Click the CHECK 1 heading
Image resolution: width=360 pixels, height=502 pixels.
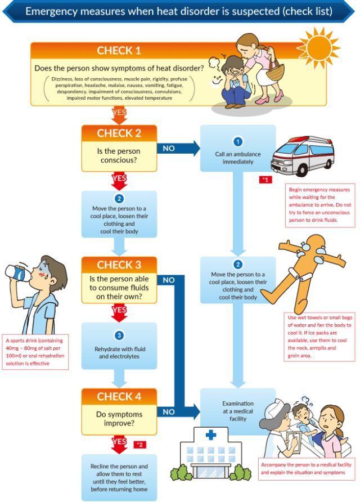pos(119,51)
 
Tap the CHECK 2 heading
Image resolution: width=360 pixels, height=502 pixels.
pos(119,133)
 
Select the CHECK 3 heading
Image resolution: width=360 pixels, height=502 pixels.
pos(119,265)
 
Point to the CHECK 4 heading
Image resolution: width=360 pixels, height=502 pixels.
pos(119,396)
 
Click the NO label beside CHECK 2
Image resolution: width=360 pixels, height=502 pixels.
pos(169,149)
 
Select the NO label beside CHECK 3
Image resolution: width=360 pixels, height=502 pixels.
pos(169,280)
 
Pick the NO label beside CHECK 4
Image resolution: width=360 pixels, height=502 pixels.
pos(169,411)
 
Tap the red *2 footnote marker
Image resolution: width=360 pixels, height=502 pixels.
pos(139,445)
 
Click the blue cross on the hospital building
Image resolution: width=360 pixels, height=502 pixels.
pos(210,434)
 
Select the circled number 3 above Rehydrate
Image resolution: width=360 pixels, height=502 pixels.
pos(119,335)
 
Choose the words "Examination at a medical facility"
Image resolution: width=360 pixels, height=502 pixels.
pos(238,411)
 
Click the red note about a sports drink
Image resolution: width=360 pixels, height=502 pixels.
pos(35,352)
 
